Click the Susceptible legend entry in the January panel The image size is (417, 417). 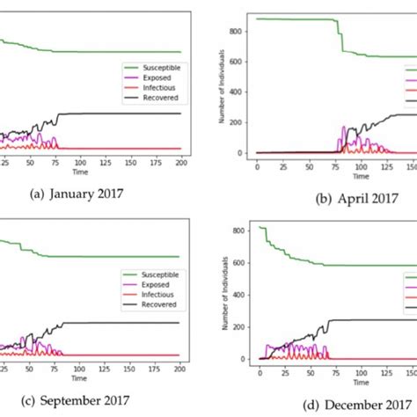pos(155,66)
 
